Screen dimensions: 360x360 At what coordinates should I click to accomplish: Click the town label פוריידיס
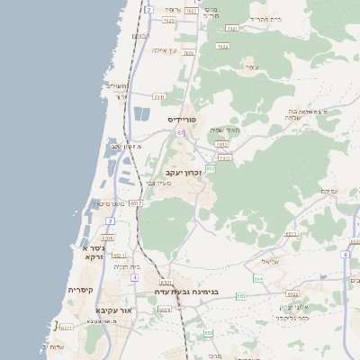pos(188,119)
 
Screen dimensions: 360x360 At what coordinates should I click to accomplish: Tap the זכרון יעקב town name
pos(183,172)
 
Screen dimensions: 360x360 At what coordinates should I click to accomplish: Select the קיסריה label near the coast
pos(80,290)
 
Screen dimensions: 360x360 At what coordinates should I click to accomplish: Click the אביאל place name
pos(271,261)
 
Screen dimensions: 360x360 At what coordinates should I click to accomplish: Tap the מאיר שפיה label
pos(224,130)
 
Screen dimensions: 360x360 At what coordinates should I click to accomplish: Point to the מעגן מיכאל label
pos(108,202)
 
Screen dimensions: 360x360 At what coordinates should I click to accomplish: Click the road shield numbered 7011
pos(158,96)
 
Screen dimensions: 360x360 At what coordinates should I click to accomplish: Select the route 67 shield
pos(181,132)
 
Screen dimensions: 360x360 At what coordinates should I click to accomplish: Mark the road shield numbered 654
pos(258,279)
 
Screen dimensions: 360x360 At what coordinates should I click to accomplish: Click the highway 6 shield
pos(345,254)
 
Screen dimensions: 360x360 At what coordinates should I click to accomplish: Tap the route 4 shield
pos(133,277)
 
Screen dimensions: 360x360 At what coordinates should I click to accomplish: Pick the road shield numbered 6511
pos(66,328)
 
